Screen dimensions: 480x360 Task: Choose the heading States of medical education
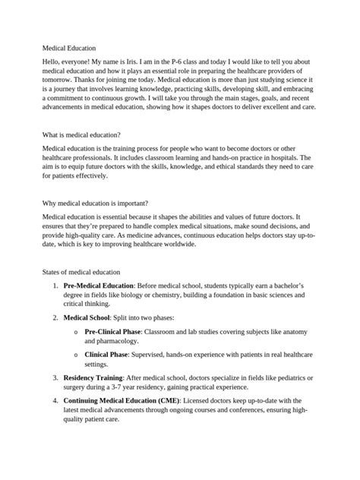pos(81,271)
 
